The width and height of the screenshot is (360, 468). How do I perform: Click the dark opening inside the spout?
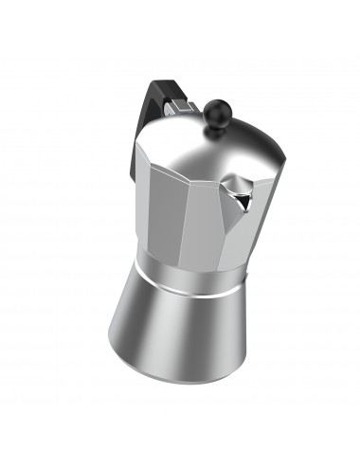tap(243, 196)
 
